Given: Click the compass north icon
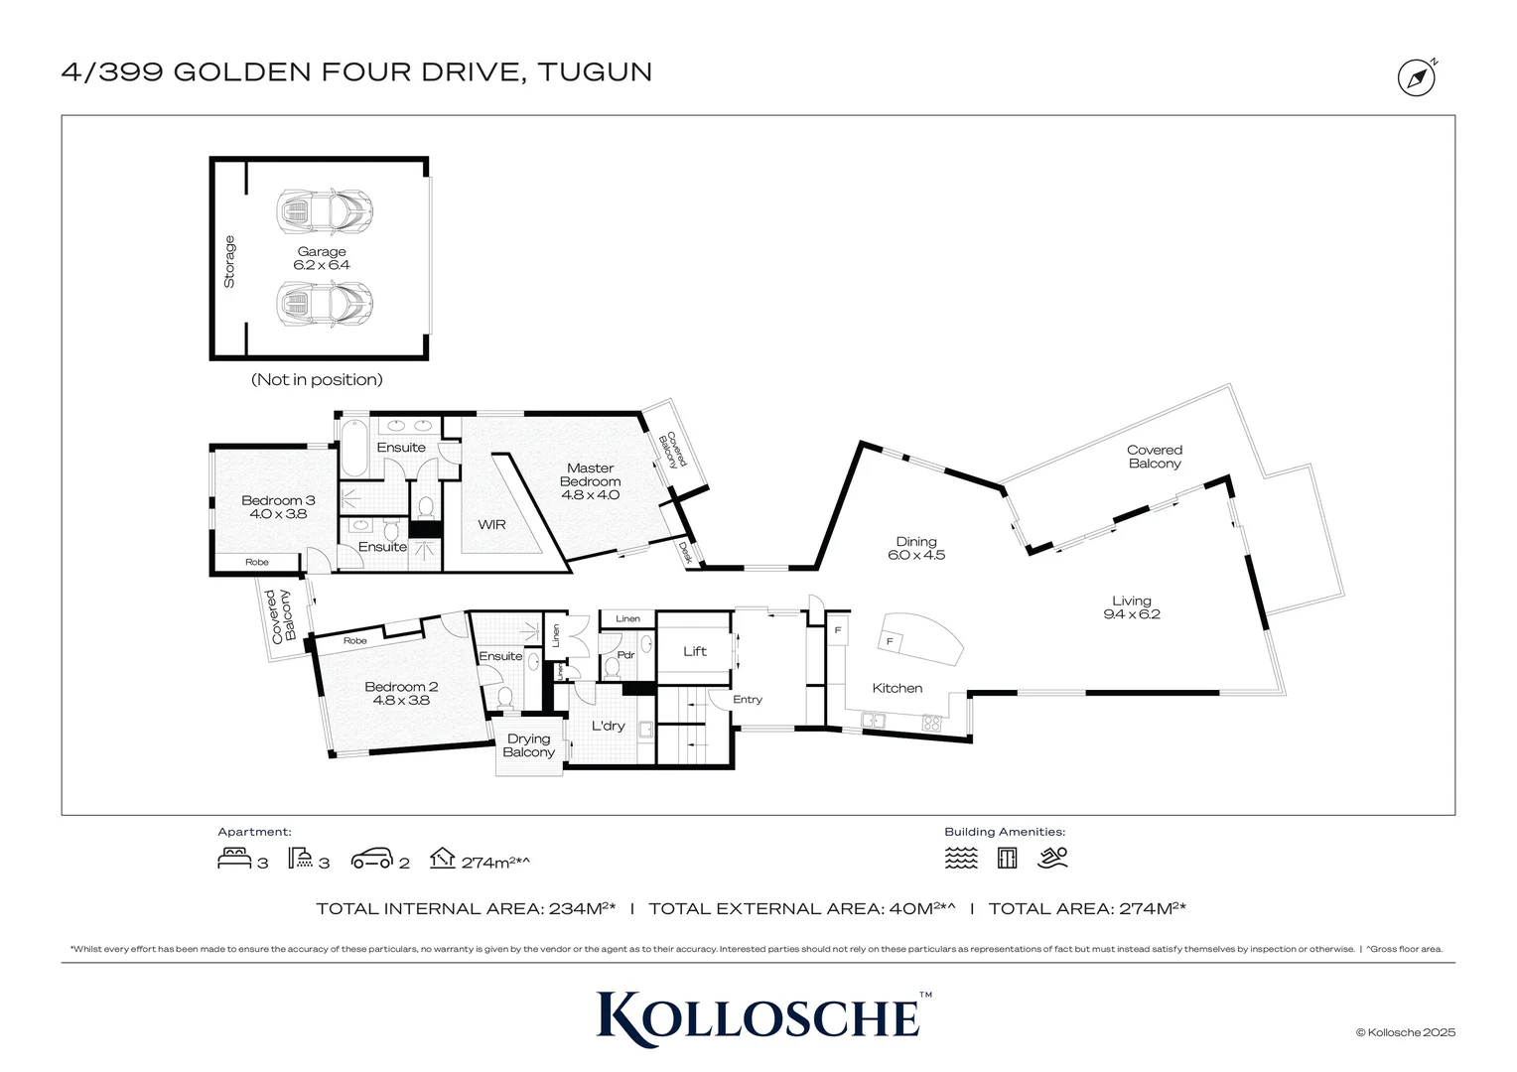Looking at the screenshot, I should [1417, 77].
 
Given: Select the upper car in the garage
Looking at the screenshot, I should [325, 210].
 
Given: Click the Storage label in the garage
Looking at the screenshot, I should [229, 261].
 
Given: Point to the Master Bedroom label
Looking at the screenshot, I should [590, 474].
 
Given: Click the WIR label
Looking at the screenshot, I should [491, 524].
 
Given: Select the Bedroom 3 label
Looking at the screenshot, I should [278, 500].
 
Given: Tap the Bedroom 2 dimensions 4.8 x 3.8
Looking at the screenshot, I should [401, 700].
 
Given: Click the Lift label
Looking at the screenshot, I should [695, 651].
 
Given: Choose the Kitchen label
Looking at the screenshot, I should [896, 688].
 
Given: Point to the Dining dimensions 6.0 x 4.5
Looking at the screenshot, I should [915, 555].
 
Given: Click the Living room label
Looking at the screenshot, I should [1131, 601].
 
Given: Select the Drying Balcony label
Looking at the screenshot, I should [528, 745].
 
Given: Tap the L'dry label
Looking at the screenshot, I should [608, 726].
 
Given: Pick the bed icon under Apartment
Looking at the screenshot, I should [234, 858].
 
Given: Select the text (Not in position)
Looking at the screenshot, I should [317, 379].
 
